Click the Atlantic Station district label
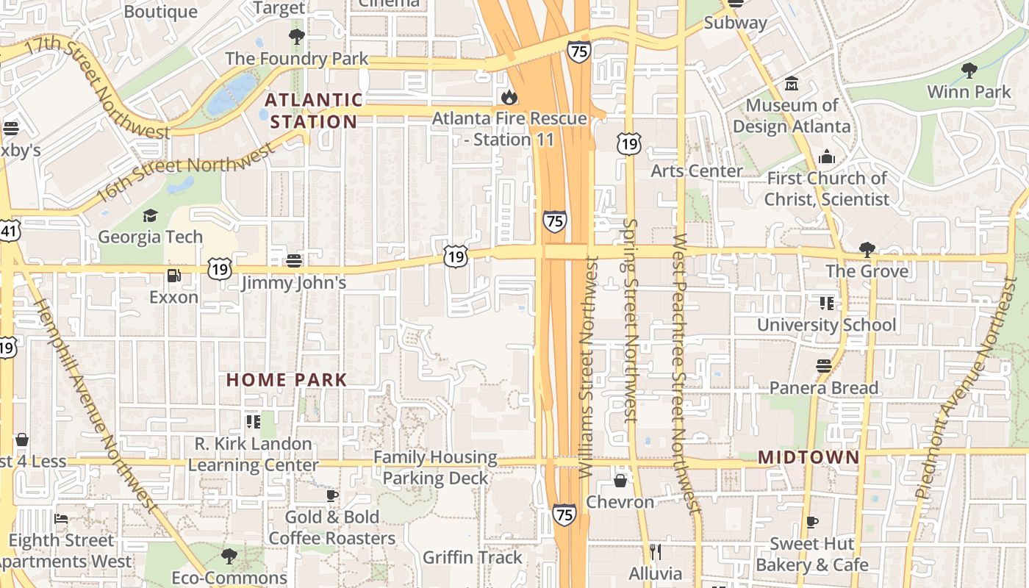[314, 110]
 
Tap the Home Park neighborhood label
[286, 380]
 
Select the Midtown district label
[808, 457]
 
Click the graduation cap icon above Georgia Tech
[150, 215]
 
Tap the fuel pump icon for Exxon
[174, 276]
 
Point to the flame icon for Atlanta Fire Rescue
[508, 97]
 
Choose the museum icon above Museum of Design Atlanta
[792, 84]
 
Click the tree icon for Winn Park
[969, 71]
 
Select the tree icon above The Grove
[867, 249]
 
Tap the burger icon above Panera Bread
[823, 366]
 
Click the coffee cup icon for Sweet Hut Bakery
[811, 522]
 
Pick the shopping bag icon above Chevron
[620, 481]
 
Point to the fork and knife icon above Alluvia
[656, 551]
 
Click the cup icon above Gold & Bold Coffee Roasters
[331, 495]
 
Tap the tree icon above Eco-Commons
[229, 556]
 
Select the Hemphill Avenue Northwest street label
[96, 404]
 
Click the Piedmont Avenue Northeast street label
[966, 390]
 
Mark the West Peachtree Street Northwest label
[685, 371]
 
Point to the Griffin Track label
[473, 557]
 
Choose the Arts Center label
[697, 171]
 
